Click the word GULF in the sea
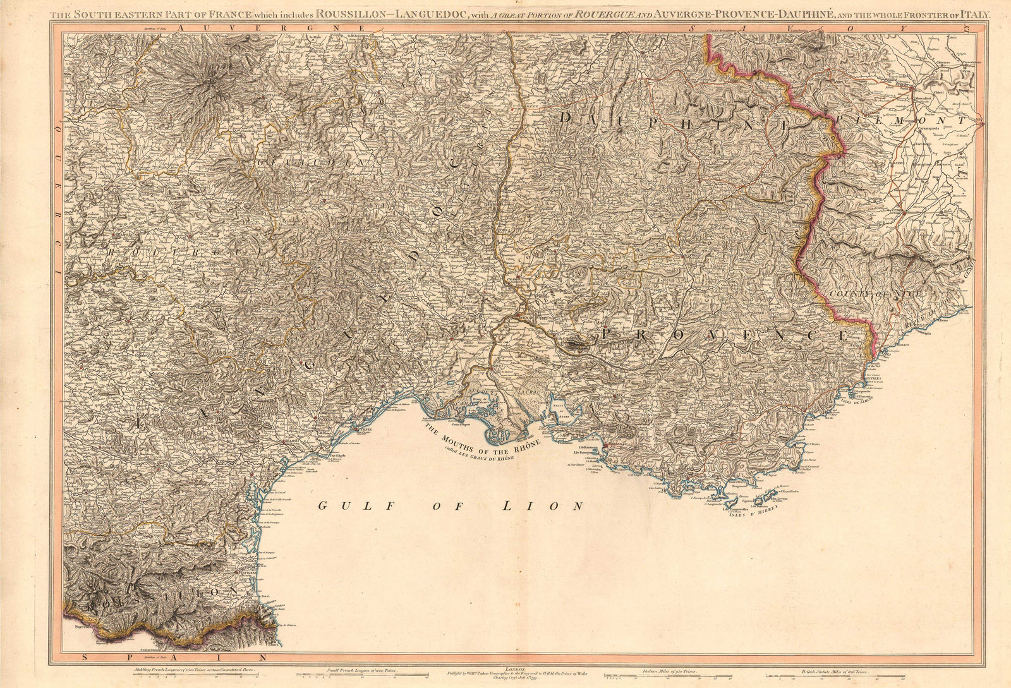point(341,505)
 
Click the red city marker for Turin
point(912,88)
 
